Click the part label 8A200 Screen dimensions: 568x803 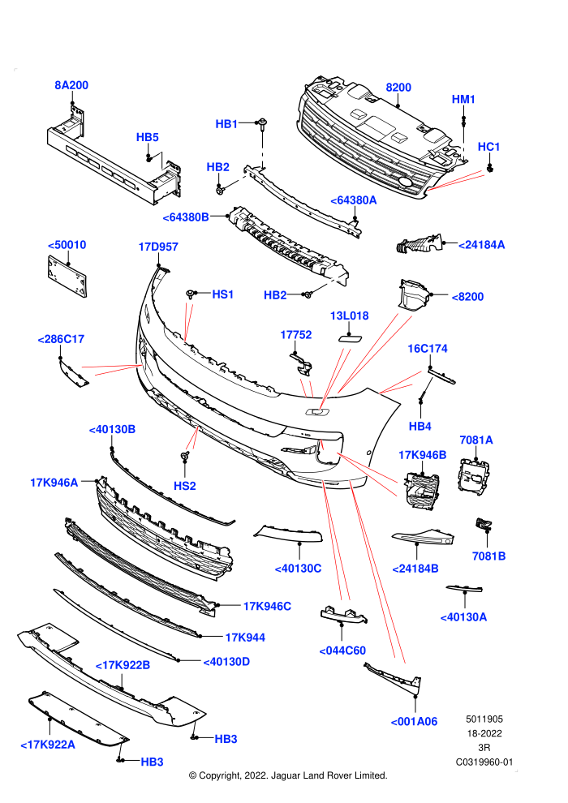71,85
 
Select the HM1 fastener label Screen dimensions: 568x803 463,99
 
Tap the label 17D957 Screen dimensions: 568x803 157,247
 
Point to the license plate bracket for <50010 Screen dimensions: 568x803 67,276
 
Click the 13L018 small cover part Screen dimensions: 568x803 350,338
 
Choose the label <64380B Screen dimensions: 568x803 185,217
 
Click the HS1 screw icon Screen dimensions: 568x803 191,294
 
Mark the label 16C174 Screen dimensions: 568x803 427,349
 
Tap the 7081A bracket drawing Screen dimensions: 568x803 474,477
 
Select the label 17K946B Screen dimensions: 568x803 422,455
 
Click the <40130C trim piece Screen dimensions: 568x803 288,534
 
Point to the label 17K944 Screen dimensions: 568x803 245,638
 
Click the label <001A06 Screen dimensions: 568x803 414,722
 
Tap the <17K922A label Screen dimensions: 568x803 48,745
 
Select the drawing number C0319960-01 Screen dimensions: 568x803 484,762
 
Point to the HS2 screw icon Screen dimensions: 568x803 184,456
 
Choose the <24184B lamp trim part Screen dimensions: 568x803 423,537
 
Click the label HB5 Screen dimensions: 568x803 147,137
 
